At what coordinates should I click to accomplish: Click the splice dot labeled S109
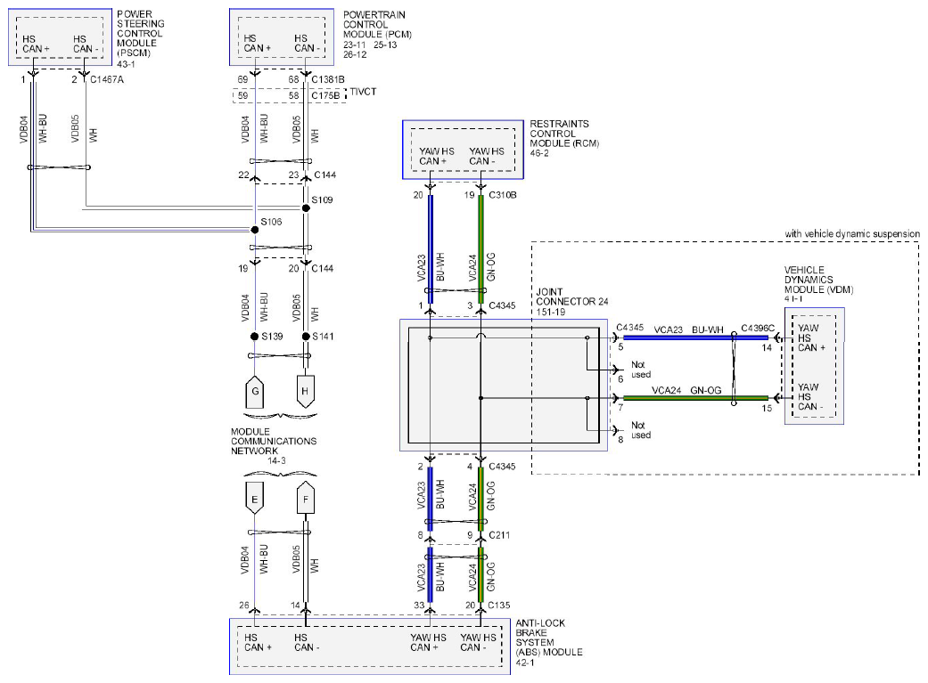point(306,208)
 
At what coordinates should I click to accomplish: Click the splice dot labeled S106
point(254,230)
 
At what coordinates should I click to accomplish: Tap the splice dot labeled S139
point(254,337)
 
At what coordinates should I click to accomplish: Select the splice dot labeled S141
point(306,337)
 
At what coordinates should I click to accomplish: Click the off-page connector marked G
point(254,392)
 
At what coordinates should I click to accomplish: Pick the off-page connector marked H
point(306,392)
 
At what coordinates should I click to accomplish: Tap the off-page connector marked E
point(254,499)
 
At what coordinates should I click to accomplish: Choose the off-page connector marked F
point(306,499)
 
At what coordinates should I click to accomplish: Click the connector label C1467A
point(107,79)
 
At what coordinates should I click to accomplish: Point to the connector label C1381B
point(328,79)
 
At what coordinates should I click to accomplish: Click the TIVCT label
point(363,92)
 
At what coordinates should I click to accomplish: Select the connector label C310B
point(503,194)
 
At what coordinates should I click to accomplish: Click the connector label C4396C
point(758,329)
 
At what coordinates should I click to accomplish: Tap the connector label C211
point(499,534)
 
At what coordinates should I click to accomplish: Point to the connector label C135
point(499,605)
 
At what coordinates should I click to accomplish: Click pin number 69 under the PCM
point(242,79)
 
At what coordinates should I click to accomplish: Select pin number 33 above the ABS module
point(419,605)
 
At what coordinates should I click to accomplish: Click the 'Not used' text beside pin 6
point(640,370)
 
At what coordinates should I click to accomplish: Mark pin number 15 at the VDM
point(767,408)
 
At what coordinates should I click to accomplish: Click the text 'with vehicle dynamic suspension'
point(852,233)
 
